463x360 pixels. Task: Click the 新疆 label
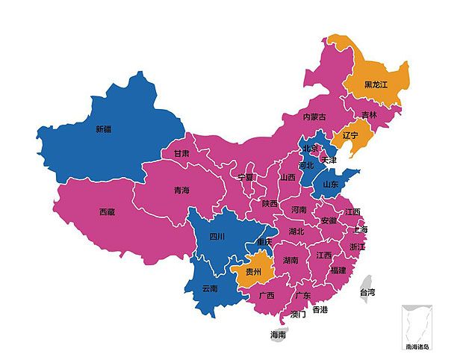103,129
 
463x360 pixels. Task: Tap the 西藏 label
107,212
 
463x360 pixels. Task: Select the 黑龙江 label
376,84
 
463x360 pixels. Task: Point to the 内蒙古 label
314,117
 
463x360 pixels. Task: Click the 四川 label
217,237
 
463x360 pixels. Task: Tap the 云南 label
210,288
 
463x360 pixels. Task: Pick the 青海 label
181,190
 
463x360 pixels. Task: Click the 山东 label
330,184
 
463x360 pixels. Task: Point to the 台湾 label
367,292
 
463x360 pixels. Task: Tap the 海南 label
278,335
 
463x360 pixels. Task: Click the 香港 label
320,309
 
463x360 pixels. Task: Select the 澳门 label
297,314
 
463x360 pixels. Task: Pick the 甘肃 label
181,153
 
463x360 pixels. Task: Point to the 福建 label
338,270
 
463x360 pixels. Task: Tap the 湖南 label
290,261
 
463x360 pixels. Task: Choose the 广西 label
267,295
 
